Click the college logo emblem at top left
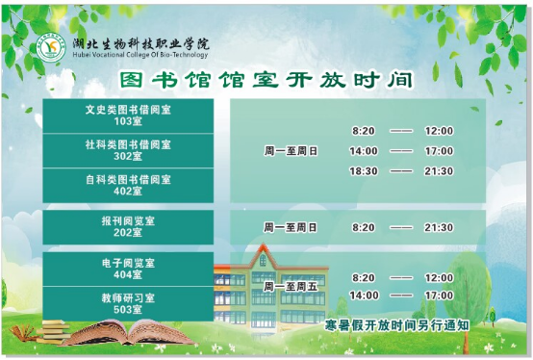pyautogui.click(x=50, y=48)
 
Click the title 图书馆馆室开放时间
pyautogui.click(x=267, y=80)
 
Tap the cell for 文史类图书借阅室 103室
pyautogui.click(x=128, y=116)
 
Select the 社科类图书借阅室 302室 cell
pyautogui.click(x=128, y=150)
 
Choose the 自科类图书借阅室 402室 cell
pyautogui.click(x=128, y=185)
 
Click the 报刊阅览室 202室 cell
pyautogui.click(x=128, y=227)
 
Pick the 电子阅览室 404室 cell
pyautogui.click(x=128, y=269)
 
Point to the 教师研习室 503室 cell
pyautogui.click(x=128, y=303)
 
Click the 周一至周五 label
pyautogui.click(x=290, y=286)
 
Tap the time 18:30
pyautogui.click(x=364, y=171)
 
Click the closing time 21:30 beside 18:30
pyautogui.click(x=439, y=171)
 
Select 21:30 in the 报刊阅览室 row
pyautogui.click(x=439, y=228)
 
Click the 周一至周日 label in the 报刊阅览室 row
pyautogui.click(x=290, y=228)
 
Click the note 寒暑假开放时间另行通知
pyautogui.click(x=397, y=325)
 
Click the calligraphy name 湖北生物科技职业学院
pyautogui.click(x=140, y=44)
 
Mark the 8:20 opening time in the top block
pyautogui.click(x=364, y=131)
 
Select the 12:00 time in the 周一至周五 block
pyautogui.click(x=439, y=277)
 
